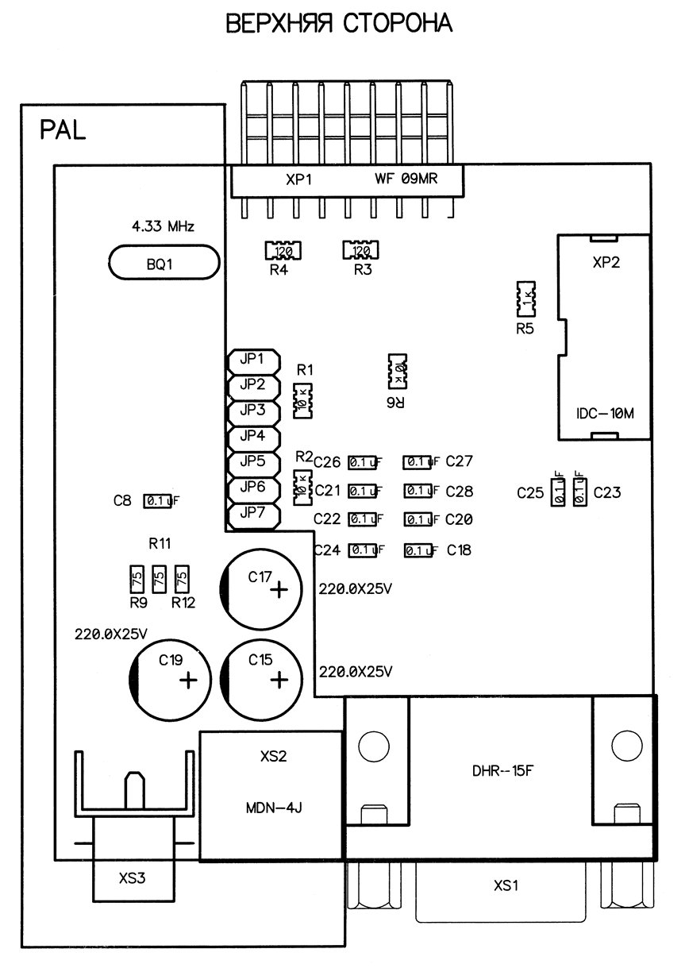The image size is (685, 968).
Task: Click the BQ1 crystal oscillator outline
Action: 163,263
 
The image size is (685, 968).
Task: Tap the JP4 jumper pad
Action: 252,436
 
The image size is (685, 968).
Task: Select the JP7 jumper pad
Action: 252,512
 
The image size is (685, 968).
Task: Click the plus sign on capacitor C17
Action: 279,591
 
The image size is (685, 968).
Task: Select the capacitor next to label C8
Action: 157,501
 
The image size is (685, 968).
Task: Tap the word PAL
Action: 63,130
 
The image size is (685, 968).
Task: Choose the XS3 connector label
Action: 133,878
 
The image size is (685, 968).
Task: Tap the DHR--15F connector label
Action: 500,769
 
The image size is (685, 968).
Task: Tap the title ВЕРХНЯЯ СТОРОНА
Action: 340,24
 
